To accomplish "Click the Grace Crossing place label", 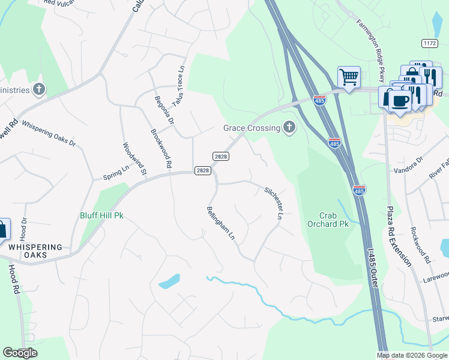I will (x=252, y=128).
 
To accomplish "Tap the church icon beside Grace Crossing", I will (x=289, y=127).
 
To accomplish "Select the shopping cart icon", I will (x=348, y=77).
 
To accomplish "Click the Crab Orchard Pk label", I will (x=334, y=219).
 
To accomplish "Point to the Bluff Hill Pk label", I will (x=101, y=215).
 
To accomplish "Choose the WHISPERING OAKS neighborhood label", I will (x=35, y=251).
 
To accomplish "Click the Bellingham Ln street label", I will (x=220, y=223).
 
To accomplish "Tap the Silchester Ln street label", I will (x=273, y=202).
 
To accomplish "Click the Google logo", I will (x=20, y=353).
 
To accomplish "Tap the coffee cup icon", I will (x=400, y=100).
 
